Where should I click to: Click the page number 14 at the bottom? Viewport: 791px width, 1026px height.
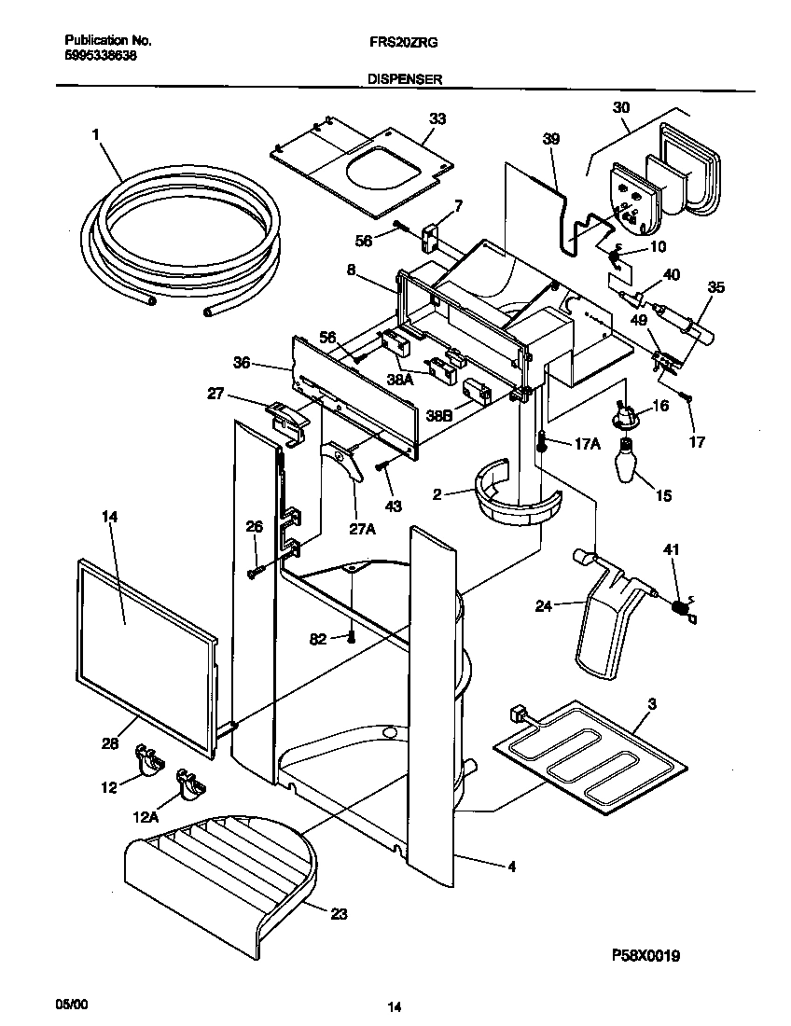coord(395,1005)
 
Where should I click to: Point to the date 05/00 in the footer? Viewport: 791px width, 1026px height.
coord(78,1002)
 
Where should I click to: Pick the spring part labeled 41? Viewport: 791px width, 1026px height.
coord(683,606)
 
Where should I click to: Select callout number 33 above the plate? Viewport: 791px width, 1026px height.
coord(437,118)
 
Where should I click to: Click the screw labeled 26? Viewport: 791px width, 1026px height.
coord(254,572)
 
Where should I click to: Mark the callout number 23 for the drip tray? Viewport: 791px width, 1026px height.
coord(339,914)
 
